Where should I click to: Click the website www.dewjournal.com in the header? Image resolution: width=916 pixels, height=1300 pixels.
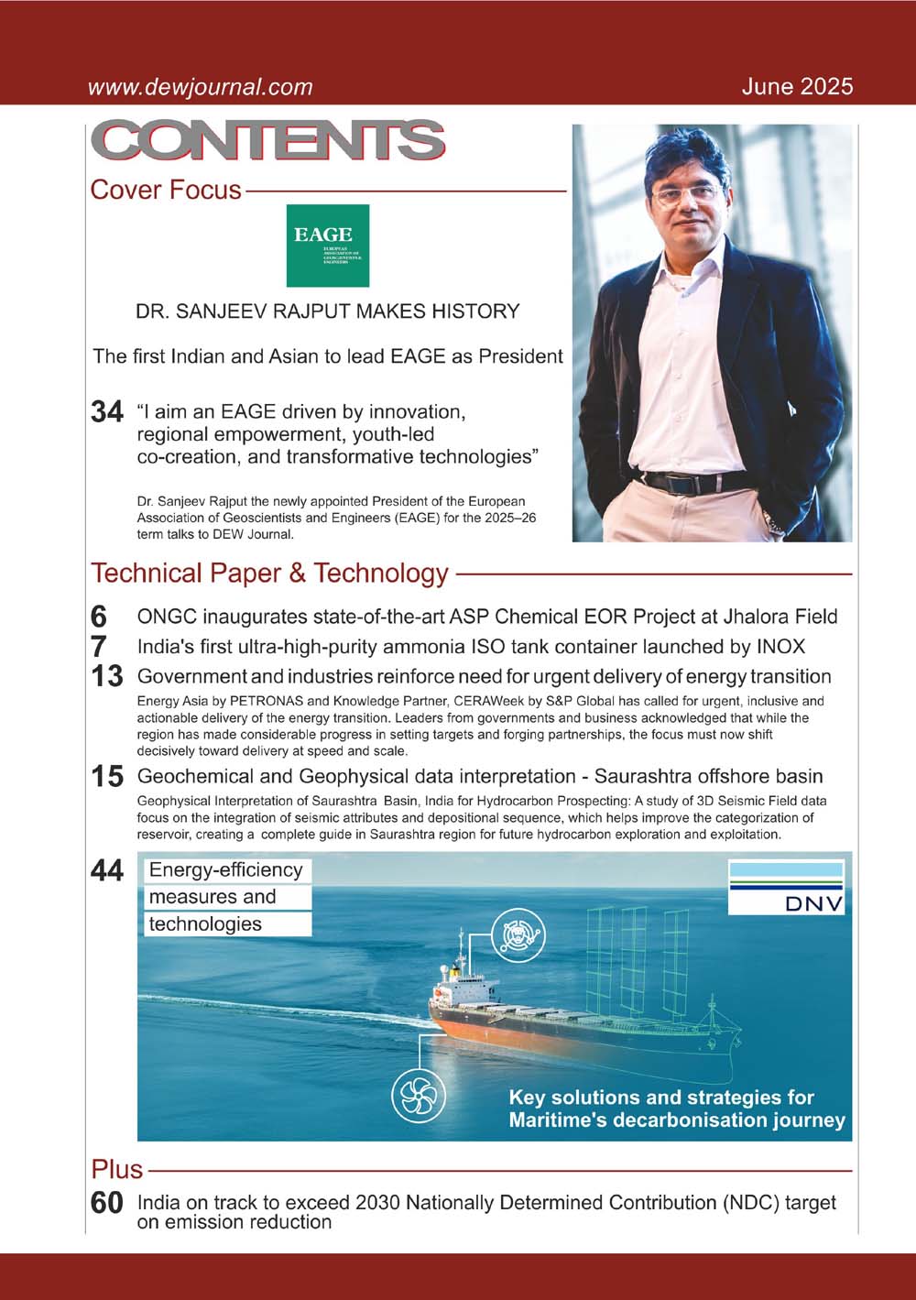(x=200, y=88)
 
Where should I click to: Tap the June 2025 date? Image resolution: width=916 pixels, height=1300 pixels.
(x=797, y=87)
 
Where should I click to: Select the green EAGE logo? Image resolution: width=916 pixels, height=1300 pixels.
(x=327, y=246)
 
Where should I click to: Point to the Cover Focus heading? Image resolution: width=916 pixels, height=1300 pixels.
(x=166, y=191)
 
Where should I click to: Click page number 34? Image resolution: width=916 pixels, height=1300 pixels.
(x=107, y=412)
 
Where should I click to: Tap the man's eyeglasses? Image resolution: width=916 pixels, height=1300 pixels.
(x=685, y=193)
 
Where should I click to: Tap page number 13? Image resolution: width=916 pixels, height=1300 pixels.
(x=107, y=677)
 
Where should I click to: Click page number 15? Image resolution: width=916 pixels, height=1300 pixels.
(x=107, y=777)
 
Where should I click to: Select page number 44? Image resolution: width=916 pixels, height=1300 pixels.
(x=107, y=871)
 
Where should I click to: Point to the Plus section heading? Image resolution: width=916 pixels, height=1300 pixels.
(x=117, y=1170)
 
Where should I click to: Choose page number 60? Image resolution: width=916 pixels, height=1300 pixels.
(x=107, y=1203)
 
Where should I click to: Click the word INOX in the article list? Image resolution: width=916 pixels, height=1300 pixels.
(x=780, y=647)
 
